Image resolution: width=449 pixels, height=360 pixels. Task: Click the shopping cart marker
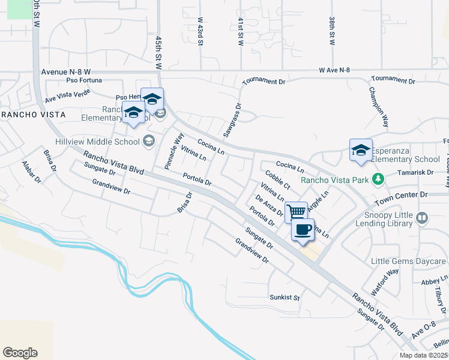coord(296,212)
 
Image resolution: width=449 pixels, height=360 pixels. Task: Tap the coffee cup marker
coord(303,229)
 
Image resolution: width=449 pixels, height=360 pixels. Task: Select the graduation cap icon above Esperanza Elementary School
coord(361,150)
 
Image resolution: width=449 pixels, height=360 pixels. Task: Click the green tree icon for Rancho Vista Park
coord(378,179)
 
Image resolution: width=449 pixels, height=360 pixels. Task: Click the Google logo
coord(20,353)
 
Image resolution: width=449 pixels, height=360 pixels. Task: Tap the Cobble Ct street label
coord(277,179)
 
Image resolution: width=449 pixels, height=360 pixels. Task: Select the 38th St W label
coord(331,32)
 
